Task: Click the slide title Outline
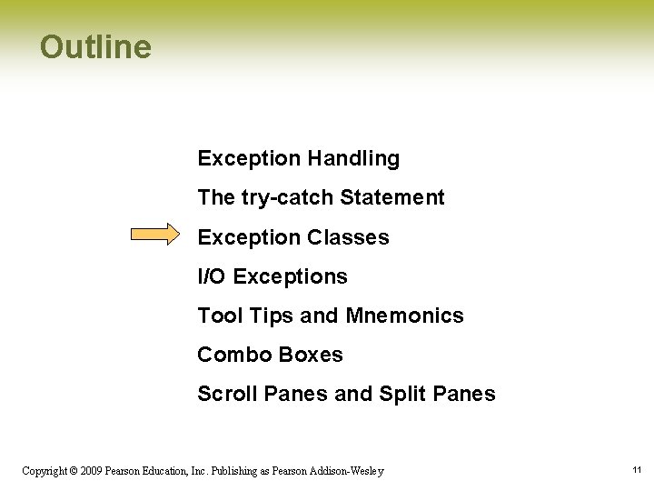click(x=95, y=47)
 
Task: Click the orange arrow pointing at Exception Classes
click(x=155, y=235)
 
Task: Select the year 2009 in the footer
click(x=90, y=471)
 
